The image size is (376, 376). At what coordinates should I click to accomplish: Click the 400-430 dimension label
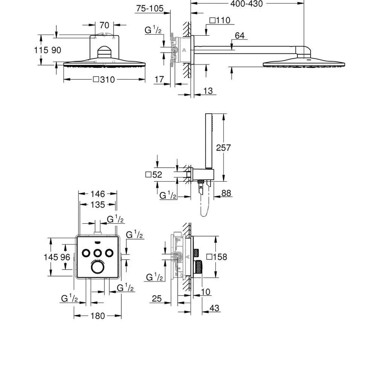click(x=247, y=4)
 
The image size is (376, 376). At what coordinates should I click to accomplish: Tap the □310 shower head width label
click(x=103, y=80)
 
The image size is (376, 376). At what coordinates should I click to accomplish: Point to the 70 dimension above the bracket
click(x=104, y=26)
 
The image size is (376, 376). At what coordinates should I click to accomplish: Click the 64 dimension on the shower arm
click(x=240, y=36)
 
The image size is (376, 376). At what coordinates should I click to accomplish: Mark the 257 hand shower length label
click(x=224, y=147)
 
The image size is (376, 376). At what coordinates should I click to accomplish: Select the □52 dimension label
click(x=153, y=174)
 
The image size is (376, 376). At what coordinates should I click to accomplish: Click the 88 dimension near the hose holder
click(x=226, y=193)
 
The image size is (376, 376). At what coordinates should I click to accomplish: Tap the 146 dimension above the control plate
click(x=97, y=194)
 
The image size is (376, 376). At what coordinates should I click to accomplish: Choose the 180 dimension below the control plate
click(x=98, y=316)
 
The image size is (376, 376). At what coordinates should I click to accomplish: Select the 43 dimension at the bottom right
click(x=214, y=308)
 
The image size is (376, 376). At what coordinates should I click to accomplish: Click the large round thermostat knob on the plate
click(x=98, y=267)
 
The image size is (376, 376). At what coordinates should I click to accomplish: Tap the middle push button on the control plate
click(x=98, y=252)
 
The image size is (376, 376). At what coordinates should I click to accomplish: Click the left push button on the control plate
click(x=86, y=252)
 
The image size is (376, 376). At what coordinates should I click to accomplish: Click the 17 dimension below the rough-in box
click(x=159, y=79)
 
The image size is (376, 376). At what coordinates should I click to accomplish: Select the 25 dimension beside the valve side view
click(x=156, y=299)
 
